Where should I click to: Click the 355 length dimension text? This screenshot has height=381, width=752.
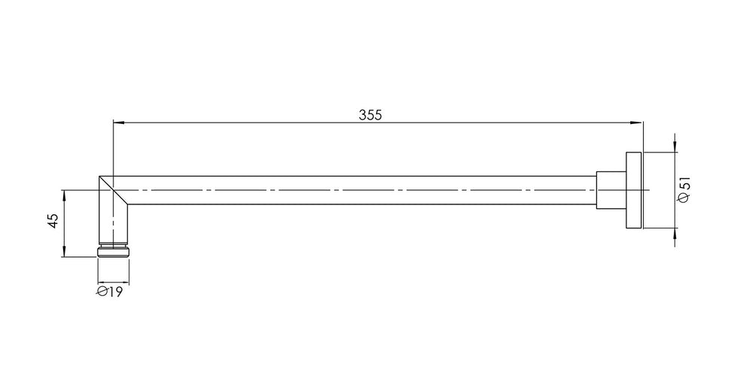click(x=370, y=115)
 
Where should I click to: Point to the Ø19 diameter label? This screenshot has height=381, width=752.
click(x=110, y=292)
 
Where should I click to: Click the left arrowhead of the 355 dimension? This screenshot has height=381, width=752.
click(x=118, y=122)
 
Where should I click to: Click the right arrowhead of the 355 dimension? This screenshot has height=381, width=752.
click(x=637, y=122)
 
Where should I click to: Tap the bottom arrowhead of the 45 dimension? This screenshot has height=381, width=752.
click(x=64, y=252)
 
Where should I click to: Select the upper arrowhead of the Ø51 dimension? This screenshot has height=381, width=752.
click(x=675, y=147)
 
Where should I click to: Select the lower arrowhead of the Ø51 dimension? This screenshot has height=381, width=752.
click(x=675, y=234)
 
